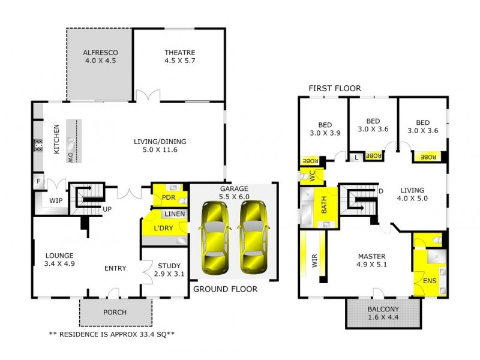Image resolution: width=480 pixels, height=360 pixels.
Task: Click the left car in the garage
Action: (214, 237)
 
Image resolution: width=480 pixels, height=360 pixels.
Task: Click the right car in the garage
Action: (253, 237)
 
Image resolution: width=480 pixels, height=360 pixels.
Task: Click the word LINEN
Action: (175, 214)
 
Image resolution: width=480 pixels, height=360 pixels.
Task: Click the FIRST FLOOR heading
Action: (335, 88)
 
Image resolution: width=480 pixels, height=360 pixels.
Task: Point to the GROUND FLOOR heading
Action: (226, 289)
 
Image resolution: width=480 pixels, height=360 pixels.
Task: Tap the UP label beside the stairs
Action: (107, 209)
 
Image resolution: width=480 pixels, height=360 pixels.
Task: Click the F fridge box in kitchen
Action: (37, 180)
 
